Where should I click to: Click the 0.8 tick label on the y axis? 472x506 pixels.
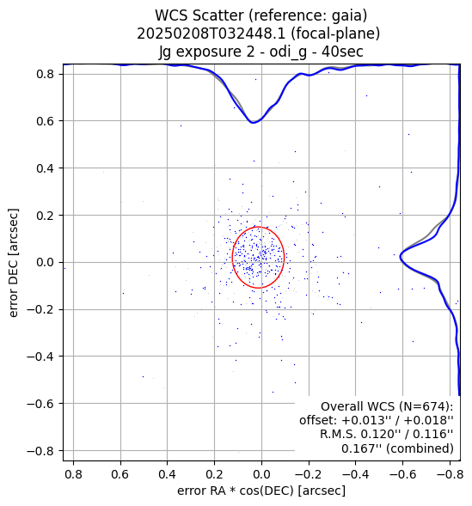[x=45, y=74]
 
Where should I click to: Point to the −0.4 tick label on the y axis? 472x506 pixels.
[x=40, y=357]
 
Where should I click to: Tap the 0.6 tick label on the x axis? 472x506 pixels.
[x=120, y=474]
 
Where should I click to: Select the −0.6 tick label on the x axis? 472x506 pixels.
[x=402, y=474]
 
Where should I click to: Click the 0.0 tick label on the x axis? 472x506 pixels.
[x=261, y=474]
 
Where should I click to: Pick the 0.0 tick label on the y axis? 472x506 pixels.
[x=45, y=262]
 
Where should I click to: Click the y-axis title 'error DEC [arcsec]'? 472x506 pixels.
[x=13, y=263]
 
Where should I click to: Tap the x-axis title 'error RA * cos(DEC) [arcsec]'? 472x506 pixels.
[x=261, y=491]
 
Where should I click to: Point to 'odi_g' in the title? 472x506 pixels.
[x=288, y=52]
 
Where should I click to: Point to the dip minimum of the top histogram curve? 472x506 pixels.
[x=254, y=123]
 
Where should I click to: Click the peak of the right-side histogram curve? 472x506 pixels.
[x=401, y=257]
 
